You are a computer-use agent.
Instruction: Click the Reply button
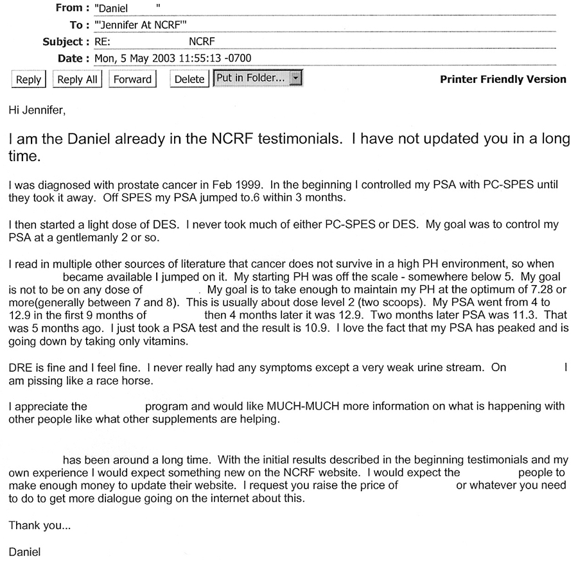coord(28,80)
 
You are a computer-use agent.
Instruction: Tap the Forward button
coord(132,80)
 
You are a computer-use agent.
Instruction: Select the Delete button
coord(189,80)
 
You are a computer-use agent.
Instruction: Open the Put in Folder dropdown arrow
coord(295,78)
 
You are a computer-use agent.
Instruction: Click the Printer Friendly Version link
coord(503,80)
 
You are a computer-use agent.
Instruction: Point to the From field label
coord(69,8)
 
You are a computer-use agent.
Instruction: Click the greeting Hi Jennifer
coord(37,110)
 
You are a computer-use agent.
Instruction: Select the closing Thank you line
coord(40,526)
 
